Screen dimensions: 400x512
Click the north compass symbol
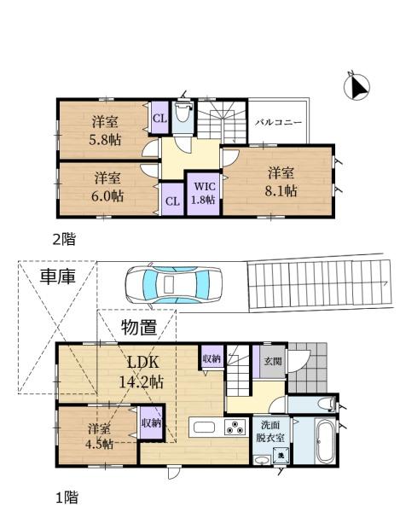[x=357, y=86]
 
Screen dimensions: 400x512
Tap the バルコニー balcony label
[x=278, y=123]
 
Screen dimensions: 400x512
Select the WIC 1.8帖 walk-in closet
[x=203, y=194]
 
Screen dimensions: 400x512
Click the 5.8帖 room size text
[x=105, y=140]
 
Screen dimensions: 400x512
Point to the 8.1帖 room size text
[x=281, y=191]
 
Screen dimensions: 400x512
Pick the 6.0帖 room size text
[x=107, y=196]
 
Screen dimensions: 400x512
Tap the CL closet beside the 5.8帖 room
[x=159, y=118]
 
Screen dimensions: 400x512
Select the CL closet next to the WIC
[x=172, y=199]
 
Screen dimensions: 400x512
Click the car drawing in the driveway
[x=174, y=284]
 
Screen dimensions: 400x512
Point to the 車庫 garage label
[x=58, y=276]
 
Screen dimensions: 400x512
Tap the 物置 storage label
[x=139, y=328]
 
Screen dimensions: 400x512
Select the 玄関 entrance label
[x=273, y=362]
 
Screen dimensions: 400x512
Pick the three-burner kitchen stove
[x=235, y=428]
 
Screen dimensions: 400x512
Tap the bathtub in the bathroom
[x=325, y=441]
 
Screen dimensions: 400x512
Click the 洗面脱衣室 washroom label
[x=270, y=432]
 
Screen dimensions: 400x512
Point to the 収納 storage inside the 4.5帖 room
[x=152, y=422]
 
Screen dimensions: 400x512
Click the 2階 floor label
[x=64, y=240]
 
